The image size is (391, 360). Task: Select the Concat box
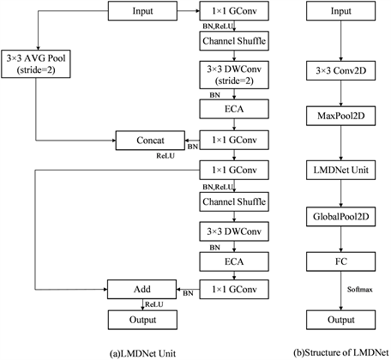(148, 137)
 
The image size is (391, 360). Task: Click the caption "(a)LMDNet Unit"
(142, 351)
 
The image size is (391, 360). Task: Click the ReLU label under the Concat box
(165, 157)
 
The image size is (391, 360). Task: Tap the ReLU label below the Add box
(155, 303)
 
